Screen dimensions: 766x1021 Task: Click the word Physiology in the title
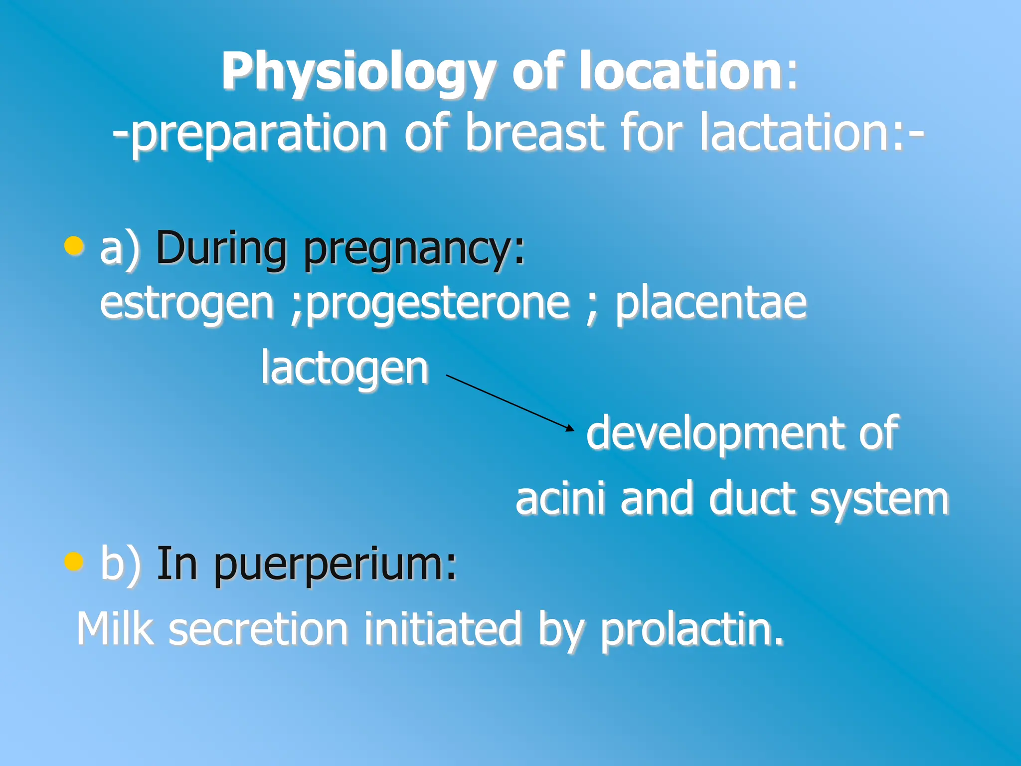pos(359,72)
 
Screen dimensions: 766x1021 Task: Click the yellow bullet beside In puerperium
pos(74,561)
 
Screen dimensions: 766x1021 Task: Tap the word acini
pos(560,499)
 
